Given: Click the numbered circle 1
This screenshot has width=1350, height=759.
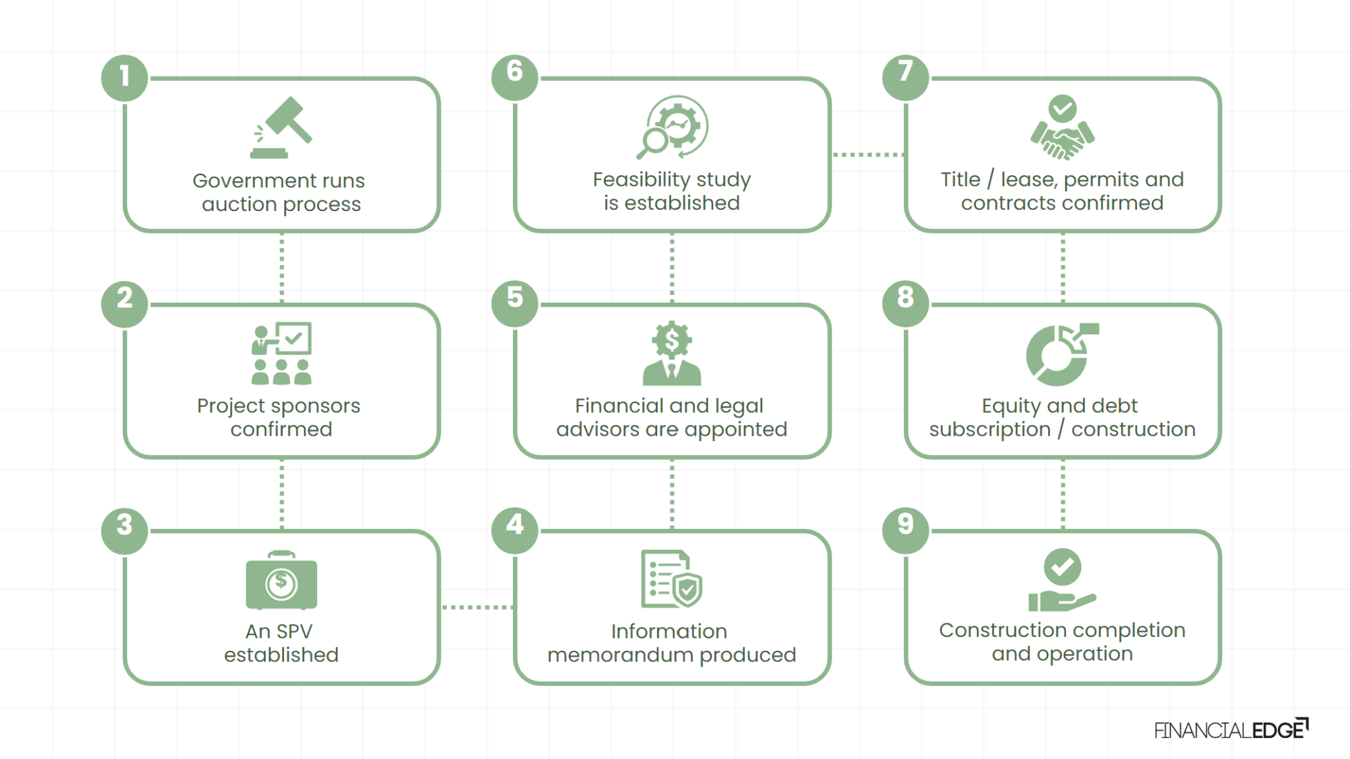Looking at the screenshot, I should coord(125,77).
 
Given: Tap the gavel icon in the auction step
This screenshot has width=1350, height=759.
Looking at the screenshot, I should coord(281,128).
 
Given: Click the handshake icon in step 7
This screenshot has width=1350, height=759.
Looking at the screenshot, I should coord(1062,137).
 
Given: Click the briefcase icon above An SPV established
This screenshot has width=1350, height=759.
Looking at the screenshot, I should coord(281,582).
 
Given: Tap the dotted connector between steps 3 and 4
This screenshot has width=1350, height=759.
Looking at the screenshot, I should coord(477,607).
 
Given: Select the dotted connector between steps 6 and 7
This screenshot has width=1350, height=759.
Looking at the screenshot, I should coord(867,154).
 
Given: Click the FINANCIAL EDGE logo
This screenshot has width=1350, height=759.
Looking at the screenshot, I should coord(1231,729).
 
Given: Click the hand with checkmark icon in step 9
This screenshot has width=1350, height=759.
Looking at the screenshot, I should coord(1061,580).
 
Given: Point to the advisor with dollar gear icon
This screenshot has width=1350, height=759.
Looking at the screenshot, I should coord(672,353).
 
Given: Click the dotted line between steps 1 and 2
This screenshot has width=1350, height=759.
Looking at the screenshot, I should coord(281,267).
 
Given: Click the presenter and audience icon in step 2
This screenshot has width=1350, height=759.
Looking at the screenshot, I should coord(281,353).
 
